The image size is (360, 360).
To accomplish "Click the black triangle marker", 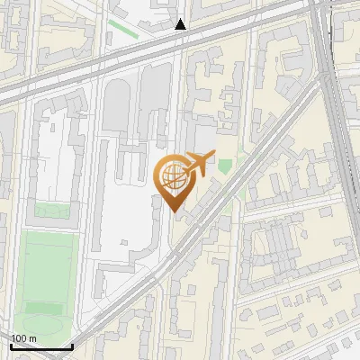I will pyautogui.click(x=181, y=24).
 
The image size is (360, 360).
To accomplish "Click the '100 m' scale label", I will pyautogui.click(x=23, y=339).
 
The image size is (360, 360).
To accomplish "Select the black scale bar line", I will pyautogui.click(x=41, y=346).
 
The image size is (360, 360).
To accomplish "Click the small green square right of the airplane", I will pyautogui.click(x=225, y=166).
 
